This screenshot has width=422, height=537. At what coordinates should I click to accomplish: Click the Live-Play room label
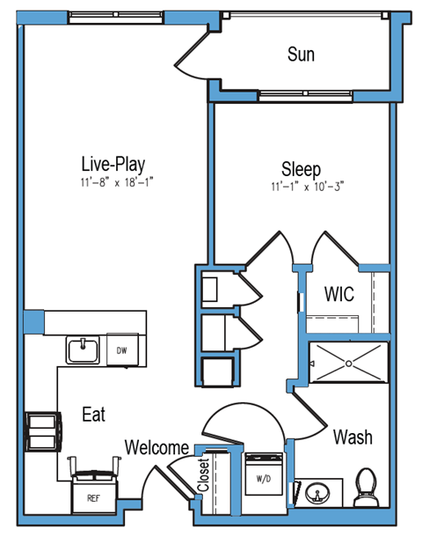(x=113, y=164)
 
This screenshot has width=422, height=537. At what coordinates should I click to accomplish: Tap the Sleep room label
(x=301, y=168)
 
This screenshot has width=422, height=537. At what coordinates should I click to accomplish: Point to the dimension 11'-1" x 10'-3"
(x=307, y=187)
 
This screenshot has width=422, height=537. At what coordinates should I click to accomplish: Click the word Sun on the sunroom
(x=301, y=55)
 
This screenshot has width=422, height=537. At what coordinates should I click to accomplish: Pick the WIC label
(x=338, y=293)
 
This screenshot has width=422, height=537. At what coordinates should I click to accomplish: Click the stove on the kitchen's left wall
(x=41, y=430)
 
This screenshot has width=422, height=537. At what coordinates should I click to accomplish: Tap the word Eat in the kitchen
(x=94, y=414)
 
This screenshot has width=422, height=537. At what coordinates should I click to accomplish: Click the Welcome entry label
(x=156, y=446)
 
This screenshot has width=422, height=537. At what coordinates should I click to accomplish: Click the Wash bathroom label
(x=352, y=437)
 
